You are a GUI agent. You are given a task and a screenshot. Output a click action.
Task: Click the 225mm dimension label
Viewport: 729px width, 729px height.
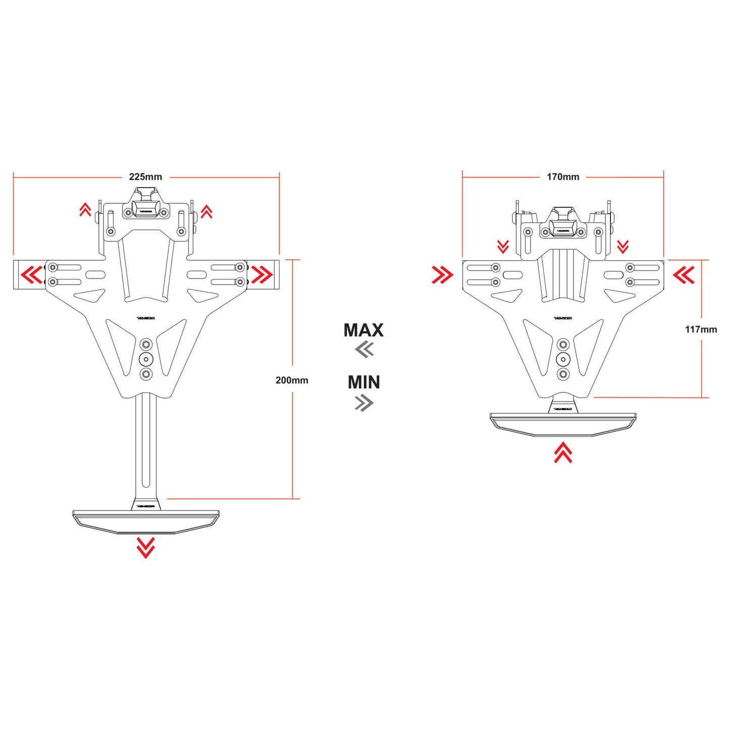145,177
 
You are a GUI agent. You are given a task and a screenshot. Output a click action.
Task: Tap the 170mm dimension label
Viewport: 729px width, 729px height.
563,177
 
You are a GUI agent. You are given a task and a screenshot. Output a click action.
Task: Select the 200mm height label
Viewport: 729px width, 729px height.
292,380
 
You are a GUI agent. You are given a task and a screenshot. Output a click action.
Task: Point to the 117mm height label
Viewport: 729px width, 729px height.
701,329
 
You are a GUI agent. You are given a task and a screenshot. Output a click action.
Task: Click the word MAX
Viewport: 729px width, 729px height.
363,330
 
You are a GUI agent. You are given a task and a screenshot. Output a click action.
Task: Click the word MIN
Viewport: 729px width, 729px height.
364,382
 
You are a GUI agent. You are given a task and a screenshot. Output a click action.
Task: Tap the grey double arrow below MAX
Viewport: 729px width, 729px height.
364,349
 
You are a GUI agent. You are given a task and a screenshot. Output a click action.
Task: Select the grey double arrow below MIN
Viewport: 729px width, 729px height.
364,403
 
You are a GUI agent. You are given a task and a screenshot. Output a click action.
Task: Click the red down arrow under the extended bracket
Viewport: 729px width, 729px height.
146,547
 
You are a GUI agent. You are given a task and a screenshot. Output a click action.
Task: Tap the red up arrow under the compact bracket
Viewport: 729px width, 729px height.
563,453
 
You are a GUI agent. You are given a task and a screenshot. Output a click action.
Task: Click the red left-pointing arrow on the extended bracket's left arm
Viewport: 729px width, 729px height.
32,275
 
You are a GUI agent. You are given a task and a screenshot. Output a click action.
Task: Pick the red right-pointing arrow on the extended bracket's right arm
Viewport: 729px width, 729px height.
262,275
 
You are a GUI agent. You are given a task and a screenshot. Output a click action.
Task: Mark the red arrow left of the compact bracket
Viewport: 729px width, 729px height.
442,275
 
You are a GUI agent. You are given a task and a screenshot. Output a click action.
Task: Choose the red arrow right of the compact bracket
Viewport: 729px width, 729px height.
684,275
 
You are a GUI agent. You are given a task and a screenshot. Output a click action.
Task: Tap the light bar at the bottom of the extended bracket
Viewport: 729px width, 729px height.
146,521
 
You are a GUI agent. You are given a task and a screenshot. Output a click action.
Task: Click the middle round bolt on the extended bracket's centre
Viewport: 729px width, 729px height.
146,359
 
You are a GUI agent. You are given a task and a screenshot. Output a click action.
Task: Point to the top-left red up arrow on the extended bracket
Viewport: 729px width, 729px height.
85,210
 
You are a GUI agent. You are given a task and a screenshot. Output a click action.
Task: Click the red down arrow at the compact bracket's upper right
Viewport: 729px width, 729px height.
623,247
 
